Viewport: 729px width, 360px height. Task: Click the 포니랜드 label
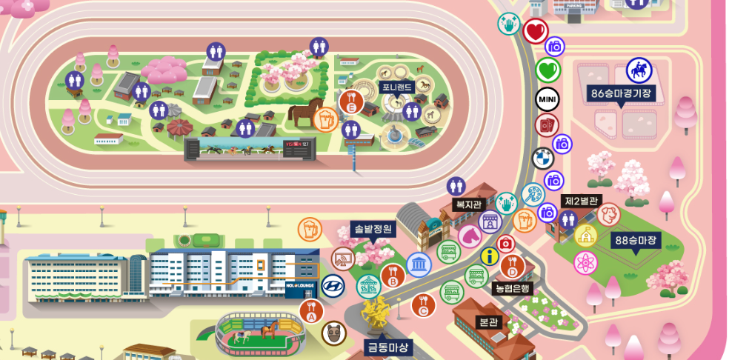point(397,87)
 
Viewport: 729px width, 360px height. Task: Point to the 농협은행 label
point(513,288)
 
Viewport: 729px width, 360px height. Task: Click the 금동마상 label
point(388,347)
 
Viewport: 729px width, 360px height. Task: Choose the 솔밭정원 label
point(372,229)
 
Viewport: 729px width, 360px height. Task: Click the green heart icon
point(547,71)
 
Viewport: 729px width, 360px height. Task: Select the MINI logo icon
point(547,99)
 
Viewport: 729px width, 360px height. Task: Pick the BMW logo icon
point(543,158)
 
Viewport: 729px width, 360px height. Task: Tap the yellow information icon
point(489,256)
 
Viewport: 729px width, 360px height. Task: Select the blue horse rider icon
point(638,70)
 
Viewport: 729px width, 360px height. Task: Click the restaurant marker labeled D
point(510,266)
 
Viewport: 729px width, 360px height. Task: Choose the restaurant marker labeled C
point(423,304)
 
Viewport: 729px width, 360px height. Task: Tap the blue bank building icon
point(419,264)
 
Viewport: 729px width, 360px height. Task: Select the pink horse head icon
point(470,237)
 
